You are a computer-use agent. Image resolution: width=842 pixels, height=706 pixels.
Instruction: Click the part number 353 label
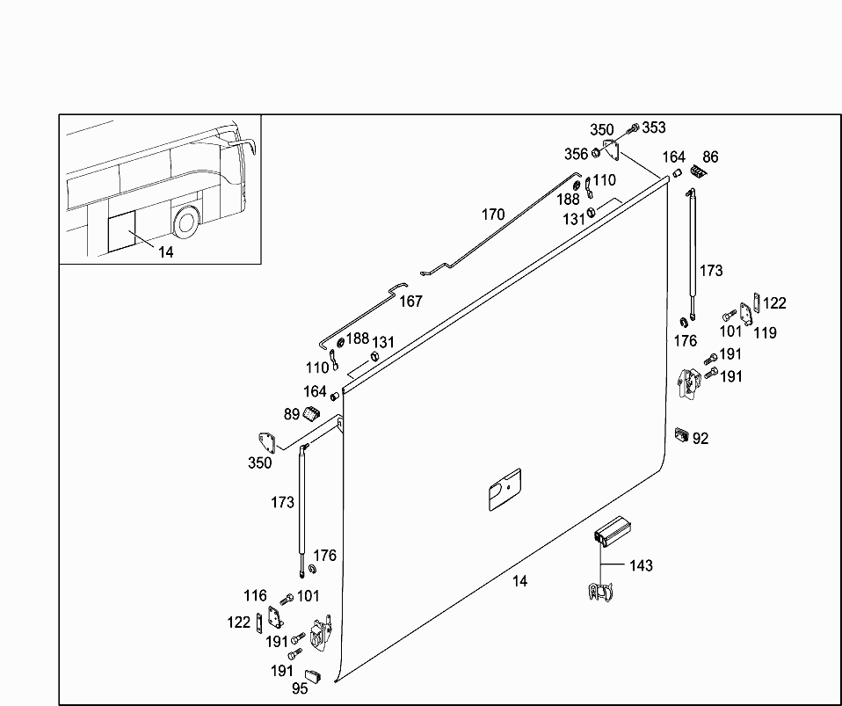[x=654, y=127]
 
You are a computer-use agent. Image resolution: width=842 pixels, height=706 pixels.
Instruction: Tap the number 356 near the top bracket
[x=576, y=154]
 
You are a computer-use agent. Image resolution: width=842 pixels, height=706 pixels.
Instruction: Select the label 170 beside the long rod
[x=493, y=214]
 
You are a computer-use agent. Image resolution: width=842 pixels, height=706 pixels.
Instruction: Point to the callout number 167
[x=410, y=302]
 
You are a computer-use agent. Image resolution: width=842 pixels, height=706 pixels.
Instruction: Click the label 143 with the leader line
[x=641, y=565]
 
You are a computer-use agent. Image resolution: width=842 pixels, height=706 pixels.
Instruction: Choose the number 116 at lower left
[x=255, y=596]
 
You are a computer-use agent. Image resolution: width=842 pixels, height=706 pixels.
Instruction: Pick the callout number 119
[x=765, y=333]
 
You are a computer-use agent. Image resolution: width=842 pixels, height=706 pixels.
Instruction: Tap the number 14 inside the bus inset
[x=166, y=252]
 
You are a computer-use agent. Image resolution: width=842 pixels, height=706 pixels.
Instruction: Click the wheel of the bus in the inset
[x=185, y=222]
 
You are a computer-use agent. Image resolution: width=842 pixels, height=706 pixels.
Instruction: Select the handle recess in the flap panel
[x=504, y=489]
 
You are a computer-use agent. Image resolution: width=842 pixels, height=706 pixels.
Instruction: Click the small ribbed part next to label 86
[x=699, y=171]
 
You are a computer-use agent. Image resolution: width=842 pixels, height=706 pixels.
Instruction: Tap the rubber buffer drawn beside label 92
[x=681, y=433]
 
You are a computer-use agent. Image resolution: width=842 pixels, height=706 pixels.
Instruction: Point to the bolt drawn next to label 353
[x=634, y=129]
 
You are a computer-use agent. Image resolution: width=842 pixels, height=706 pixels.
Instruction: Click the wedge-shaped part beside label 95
[x=317, y=677]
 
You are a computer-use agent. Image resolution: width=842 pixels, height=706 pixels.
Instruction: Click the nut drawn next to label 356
[x=595, y=154]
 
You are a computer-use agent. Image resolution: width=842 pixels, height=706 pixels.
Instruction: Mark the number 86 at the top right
[x=710, y=157]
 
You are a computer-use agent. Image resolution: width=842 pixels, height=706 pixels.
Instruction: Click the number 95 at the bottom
[x=300, y=689]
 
